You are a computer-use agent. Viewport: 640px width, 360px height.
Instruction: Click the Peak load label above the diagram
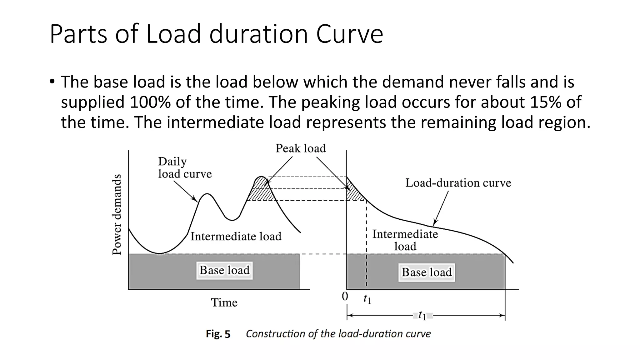(x=300, y=148)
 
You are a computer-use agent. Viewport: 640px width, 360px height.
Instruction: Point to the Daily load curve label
(x=184, y=168)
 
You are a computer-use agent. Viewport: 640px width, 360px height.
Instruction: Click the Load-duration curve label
(x=458, y=183)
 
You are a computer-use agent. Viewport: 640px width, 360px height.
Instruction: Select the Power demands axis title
(x=117, y=214)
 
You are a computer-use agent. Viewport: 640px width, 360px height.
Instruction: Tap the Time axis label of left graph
(x=224, y=302)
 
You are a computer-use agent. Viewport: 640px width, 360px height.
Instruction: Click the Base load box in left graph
(x=224, y=270)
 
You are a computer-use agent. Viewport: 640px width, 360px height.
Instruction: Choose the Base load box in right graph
(x=427, y=272)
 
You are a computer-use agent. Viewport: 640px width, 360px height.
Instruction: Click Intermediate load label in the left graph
(x=236, y=236)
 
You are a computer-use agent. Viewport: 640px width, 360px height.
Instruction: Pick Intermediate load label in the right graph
(x=405, y=240)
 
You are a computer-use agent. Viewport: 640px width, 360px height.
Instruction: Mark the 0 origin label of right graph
(x=345, y=296)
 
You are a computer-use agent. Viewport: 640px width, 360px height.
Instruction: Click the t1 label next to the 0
(x=367, y=299)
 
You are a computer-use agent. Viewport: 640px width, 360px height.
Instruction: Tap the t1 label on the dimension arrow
(x=422, y=315)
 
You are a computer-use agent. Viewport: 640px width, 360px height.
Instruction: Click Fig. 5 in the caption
(x=218, y=334)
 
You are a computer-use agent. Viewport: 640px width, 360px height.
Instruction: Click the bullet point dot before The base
(x=52, y=82)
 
